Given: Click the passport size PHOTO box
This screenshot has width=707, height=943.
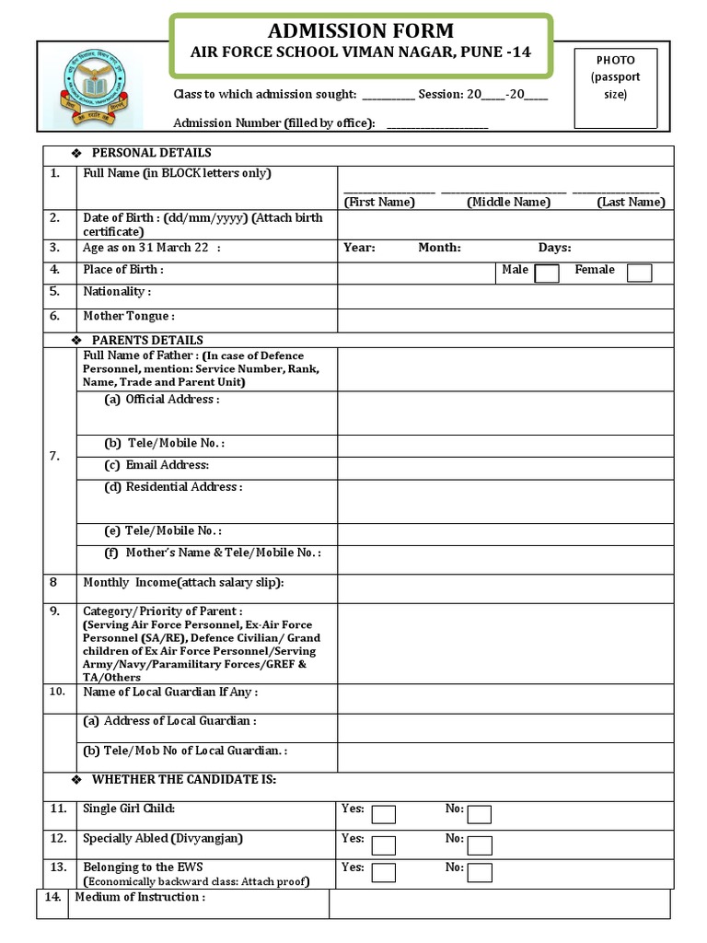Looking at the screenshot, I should (x=616, y=87).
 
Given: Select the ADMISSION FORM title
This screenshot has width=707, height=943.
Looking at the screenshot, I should (x=360, y=30).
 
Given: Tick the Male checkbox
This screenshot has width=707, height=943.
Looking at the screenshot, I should (x=547, y=274).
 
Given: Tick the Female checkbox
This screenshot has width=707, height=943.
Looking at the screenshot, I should (x=639, y=274).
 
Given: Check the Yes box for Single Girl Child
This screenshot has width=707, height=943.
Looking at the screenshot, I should (x=383, y=814).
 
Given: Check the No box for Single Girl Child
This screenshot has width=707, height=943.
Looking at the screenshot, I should (x=479, y=814).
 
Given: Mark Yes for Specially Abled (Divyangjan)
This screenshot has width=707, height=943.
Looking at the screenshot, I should (x=383, y=844).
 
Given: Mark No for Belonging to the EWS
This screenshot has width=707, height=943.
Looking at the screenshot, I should (x=479, y=873).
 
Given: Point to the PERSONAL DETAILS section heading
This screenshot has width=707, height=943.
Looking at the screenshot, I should (x=151, y=153).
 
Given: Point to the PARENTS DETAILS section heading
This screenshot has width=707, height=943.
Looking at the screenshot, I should (x=147, y=341).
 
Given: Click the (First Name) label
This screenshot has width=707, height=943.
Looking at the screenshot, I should (x=379, y=203).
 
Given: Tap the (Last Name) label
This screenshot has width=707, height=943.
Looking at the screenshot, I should (x=630, y=203).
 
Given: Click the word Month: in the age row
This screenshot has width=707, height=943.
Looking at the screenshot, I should (x=439, y=248).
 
